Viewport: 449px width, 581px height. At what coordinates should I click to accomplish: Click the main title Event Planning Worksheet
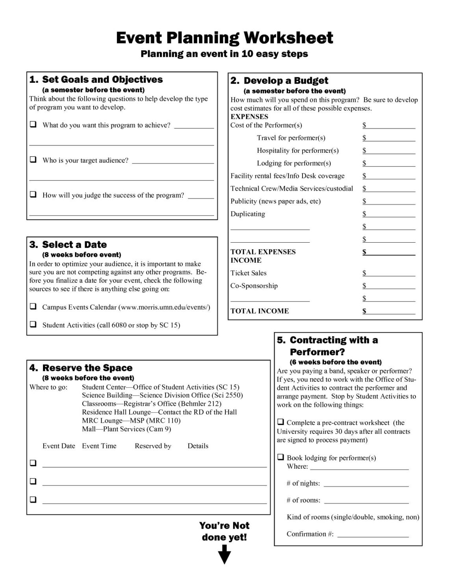224,38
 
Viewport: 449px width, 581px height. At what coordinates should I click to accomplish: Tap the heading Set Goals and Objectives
102,80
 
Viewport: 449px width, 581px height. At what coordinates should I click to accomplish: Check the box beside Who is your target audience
33,160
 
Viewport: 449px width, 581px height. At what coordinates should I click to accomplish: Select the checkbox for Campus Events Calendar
33,306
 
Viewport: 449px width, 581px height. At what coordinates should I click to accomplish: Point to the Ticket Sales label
248,273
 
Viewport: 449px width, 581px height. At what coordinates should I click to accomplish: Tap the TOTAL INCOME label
260,311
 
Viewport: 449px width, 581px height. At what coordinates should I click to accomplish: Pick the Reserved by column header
153,446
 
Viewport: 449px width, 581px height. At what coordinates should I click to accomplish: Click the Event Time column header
99,446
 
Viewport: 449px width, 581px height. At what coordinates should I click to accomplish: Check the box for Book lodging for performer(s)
281,457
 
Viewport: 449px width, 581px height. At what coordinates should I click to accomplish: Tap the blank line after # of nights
366,484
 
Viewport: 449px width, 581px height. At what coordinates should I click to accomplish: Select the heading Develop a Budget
286,81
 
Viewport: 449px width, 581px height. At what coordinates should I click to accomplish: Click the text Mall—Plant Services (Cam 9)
126,429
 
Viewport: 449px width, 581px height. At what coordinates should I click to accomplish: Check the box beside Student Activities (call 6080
33,324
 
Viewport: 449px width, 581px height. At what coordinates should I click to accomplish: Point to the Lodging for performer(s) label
294,163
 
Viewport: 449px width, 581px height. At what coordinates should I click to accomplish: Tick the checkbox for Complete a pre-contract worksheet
281,422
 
